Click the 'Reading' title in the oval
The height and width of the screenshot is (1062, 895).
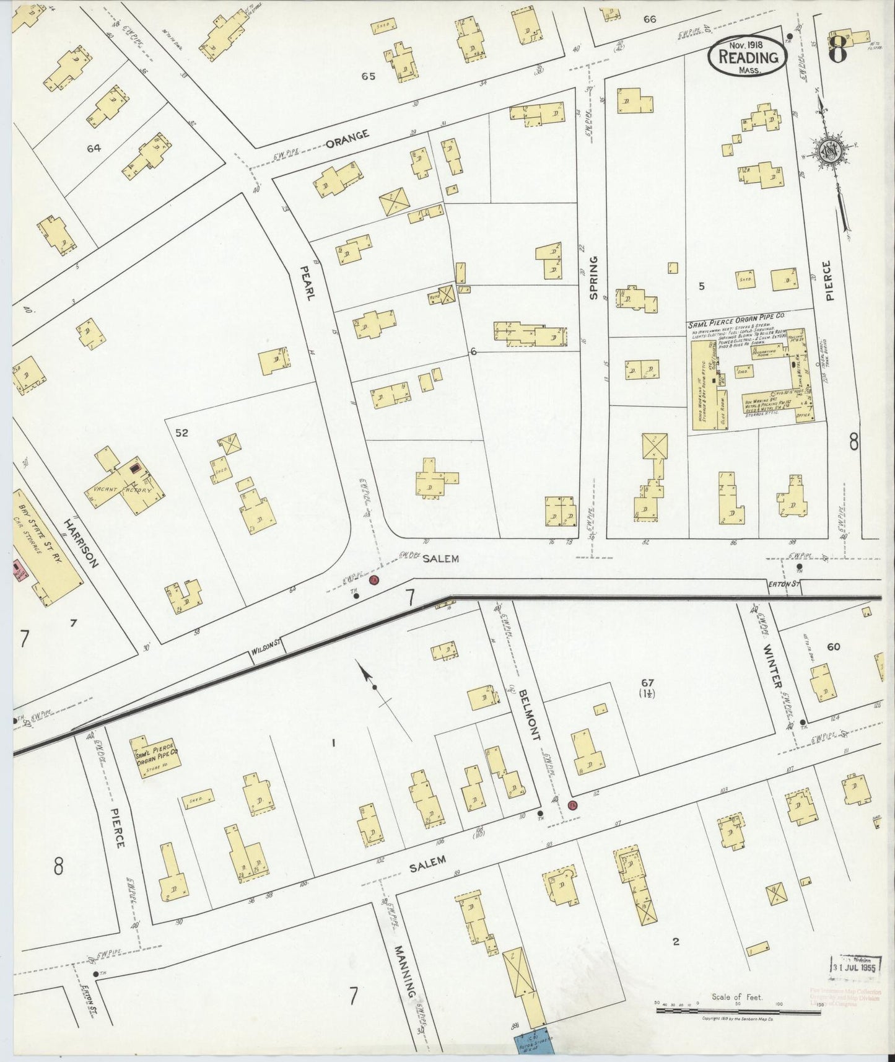coord(748,58)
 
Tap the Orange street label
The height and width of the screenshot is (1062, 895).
coord(347,138)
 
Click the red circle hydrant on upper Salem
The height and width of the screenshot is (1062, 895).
coord(373,581)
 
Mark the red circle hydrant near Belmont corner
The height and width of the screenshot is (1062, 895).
coord(572,805)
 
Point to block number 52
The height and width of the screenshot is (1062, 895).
coord(181,433)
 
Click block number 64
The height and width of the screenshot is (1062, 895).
coord(94,148)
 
